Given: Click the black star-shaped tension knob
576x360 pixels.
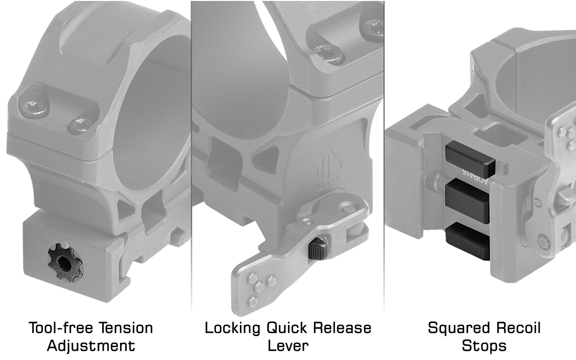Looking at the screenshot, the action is (65, 262).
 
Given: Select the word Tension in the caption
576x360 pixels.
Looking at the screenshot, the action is (126, 328).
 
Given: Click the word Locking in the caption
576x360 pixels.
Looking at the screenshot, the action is (233, 329).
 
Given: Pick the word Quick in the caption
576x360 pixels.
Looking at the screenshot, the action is (287, 328).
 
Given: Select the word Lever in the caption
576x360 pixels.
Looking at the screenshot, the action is (288, 346).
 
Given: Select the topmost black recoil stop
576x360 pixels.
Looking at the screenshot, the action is (469, 159).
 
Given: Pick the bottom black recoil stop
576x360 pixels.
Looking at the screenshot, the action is (467, 242).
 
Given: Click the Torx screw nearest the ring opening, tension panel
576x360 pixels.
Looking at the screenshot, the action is (80, 125).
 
